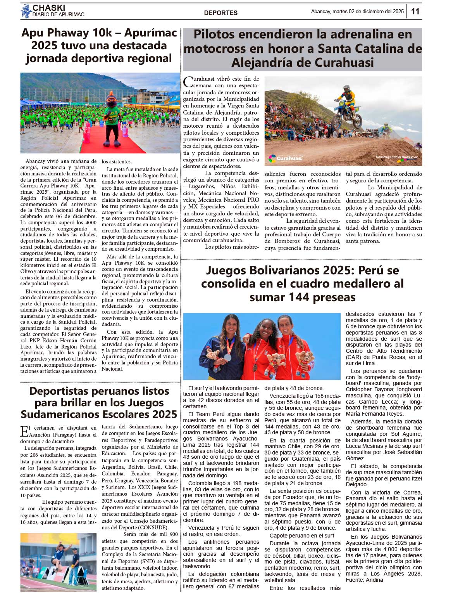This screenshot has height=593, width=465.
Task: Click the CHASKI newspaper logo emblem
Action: click(x=26, y=11)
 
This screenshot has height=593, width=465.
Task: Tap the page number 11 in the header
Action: click(x=415, y=12)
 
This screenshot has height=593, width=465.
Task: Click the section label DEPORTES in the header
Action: click(x=220, y=13)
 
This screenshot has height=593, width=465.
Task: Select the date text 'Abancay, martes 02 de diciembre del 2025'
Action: click(x=357, y=12)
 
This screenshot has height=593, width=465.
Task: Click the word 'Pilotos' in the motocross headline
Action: click(x=214, y=34)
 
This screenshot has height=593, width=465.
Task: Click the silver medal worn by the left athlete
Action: click(x=228, y=357)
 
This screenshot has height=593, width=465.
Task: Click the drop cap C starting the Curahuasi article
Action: click(x=188, y=82)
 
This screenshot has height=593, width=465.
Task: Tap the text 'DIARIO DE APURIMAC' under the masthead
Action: click(x=58, y=15)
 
